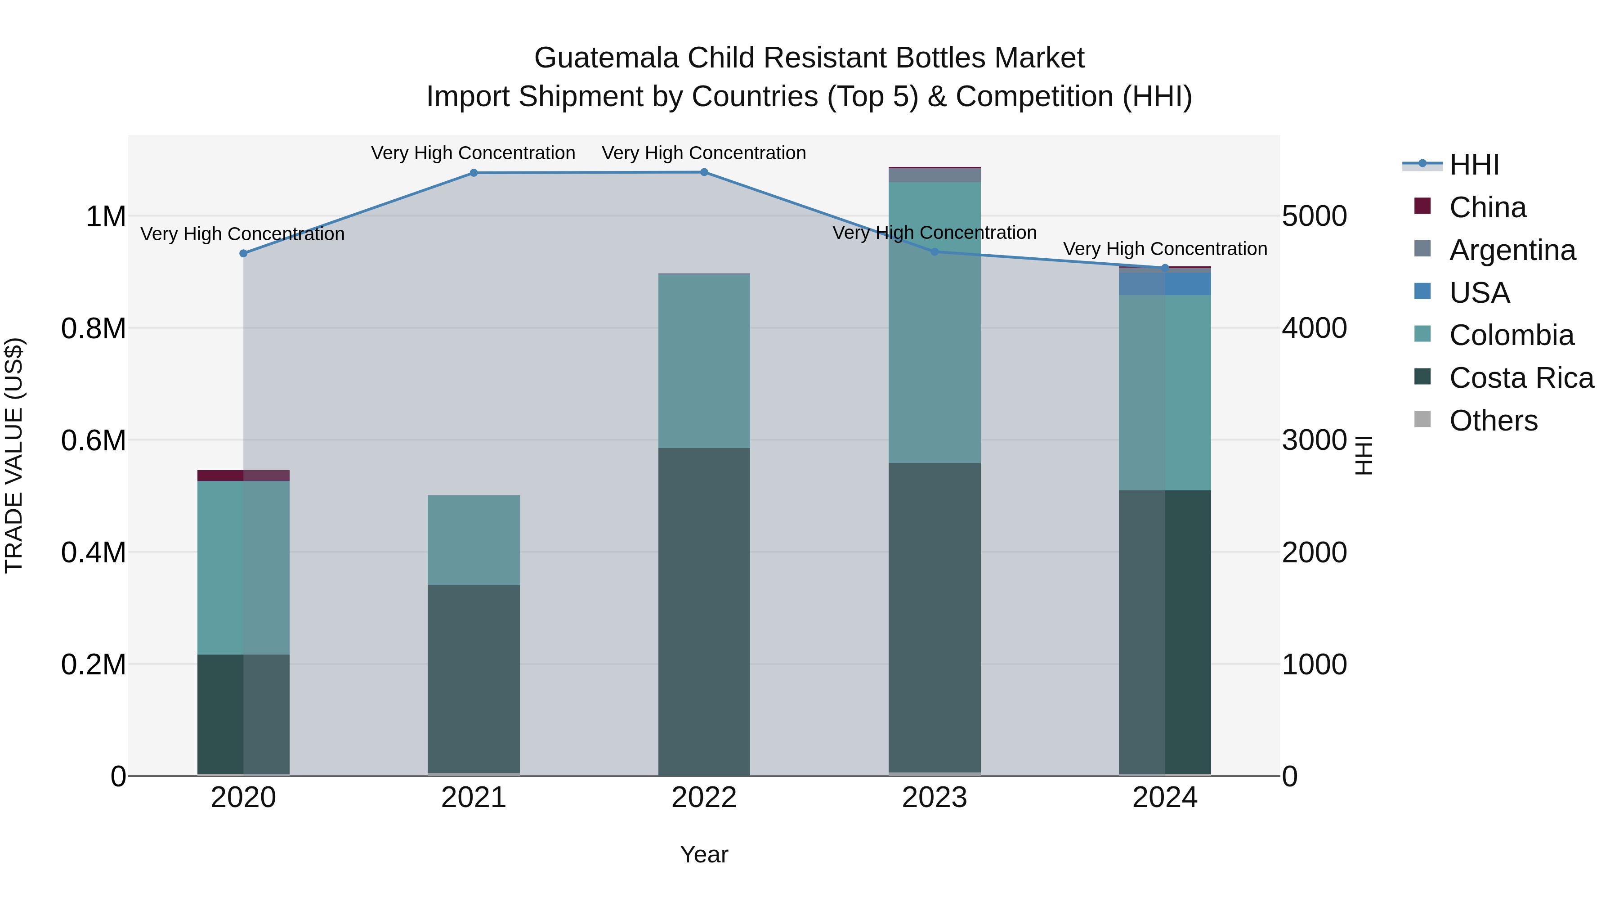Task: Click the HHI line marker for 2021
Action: tap(474, 173)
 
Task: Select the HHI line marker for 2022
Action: tap(704, 172)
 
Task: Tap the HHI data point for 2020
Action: tap(243, 253)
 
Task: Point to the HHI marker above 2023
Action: tap(935, 251)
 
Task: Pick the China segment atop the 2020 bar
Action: tap(243, 476)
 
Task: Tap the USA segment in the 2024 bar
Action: tap(1165, 283)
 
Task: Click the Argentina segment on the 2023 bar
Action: tap(935, 175)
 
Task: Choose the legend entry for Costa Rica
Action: tap(1521, 378)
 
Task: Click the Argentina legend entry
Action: tap(1512, 250)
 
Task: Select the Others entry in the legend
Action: tap(1493, 421)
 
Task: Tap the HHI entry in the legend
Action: tap(1474, 165)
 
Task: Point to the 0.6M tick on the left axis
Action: tap(94, 440)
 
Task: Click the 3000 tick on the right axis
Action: tap(1314, 440)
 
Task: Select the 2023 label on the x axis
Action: tap(935, 798)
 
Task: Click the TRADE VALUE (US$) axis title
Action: tap(14, 455)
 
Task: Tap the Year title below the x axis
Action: tap(704, 854)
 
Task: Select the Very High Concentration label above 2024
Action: tap(1165, 249)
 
